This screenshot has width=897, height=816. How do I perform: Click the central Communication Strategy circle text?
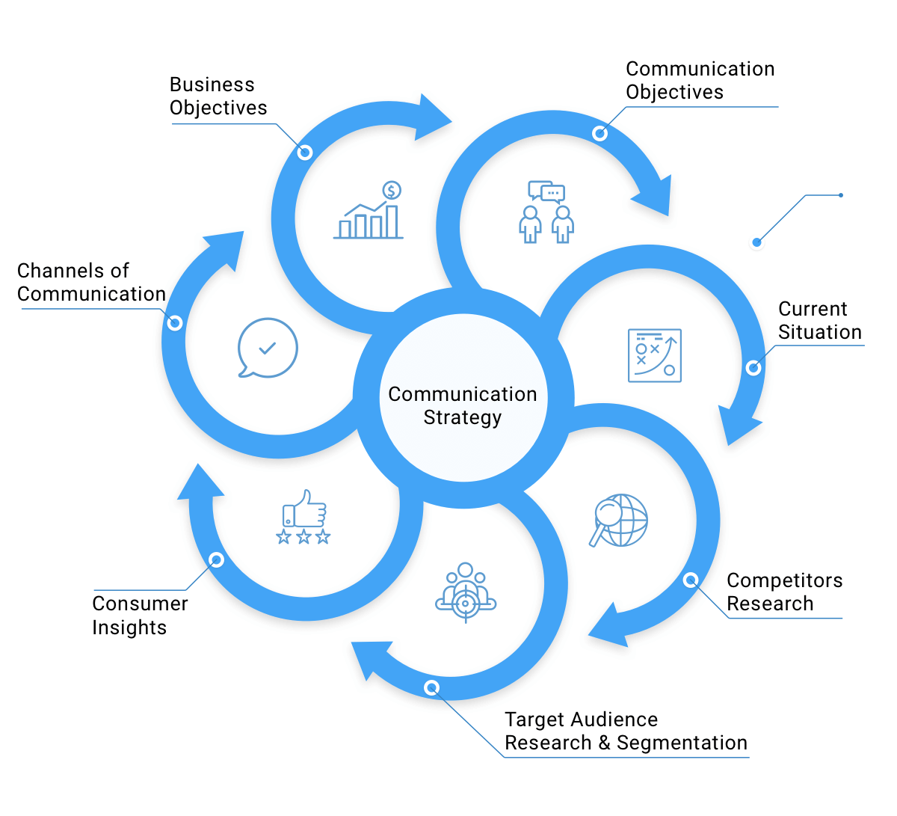tap(463, 405)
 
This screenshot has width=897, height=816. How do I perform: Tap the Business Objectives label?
tap(218, 96)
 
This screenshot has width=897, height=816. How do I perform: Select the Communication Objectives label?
tap(700, 81)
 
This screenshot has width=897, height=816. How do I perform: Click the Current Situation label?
tap(819, 321)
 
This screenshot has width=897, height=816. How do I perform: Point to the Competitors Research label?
tap(784, 592)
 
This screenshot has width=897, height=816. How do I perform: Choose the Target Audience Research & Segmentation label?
tap(626, 731)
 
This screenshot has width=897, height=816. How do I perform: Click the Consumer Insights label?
tap(140, 616)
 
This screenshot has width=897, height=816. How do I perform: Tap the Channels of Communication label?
tap(91, 283)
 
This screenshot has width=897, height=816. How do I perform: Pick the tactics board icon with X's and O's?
tap(655, 355)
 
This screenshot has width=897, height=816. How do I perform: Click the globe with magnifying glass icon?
tap(619, 521)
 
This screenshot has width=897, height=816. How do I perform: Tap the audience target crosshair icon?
tap(466, 593)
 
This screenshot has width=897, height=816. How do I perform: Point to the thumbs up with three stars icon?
tap(303, 517)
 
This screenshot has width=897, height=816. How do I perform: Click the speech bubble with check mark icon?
tap(267, 349)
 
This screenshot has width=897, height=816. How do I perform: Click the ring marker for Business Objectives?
tap(304, 153)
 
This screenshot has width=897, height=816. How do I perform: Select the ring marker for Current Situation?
tap(753, 367)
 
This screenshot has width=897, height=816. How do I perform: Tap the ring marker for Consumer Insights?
tap(217, 560)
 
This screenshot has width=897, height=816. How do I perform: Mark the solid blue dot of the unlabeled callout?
tap(757, 242)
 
